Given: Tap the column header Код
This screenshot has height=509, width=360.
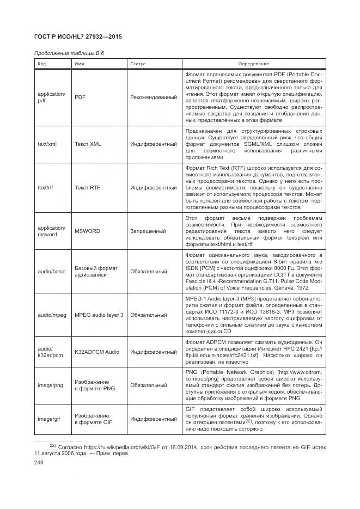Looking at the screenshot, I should tap(42, 64).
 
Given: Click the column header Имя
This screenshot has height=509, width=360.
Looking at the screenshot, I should tap(80, 64).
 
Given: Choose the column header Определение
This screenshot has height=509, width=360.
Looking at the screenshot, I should tap(253, 64).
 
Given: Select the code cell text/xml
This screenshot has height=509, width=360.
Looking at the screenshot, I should tap(46, 144).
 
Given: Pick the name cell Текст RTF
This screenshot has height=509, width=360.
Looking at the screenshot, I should tap(88, 187).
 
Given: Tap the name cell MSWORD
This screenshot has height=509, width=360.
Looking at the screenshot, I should tap(87, 231).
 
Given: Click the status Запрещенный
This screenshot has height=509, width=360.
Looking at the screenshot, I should tap(148, 231).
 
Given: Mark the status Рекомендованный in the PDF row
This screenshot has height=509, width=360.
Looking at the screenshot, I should tap(154, 97).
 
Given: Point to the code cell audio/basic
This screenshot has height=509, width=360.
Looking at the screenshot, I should tap(51, 271).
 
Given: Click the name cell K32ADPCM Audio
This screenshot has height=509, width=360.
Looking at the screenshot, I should tap(96, 352).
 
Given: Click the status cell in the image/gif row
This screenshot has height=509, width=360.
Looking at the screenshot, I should tap(153, 419).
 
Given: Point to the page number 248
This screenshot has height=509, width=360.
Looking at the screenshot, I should tap(39, 462).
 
